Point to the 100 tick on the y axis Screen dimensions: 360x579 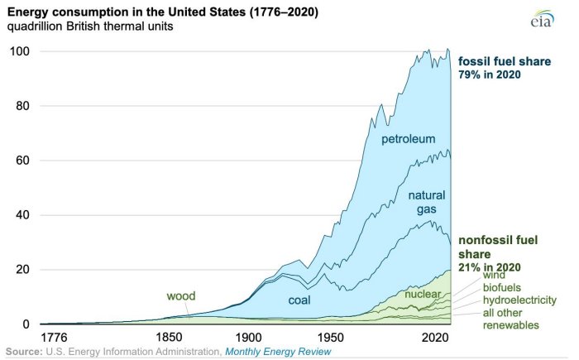click(20, 51)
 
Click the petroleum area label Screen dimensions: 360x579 click(408, 139)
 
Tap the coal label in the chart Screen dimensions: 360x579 click(300, 300)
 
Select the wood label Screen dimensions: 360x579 click(180, 295)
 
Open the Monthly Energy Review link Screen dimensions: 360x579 click(279, 352)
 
